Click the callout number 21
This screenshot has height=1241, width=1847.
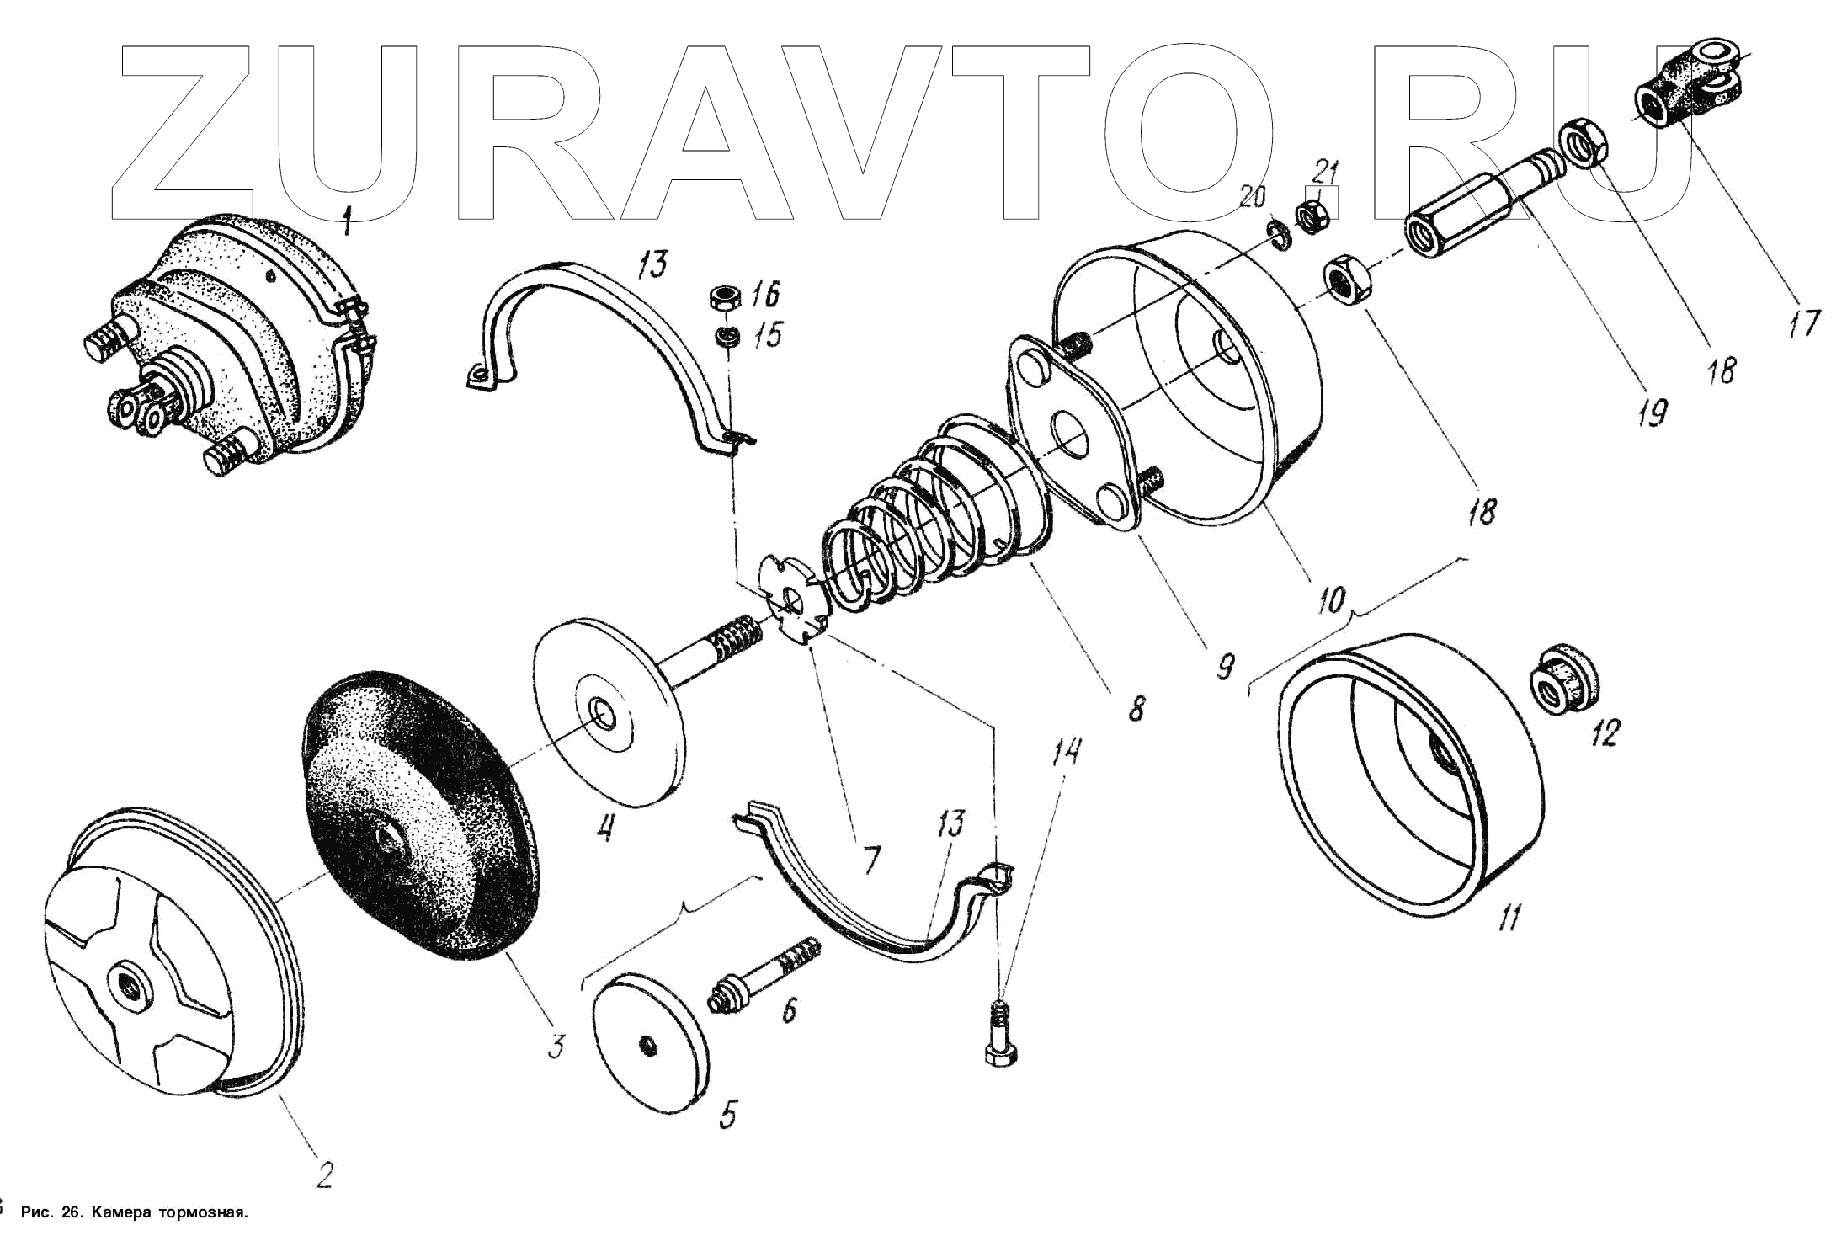[1326, 174]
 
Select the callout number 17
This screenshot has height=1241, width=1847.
[1803, 322]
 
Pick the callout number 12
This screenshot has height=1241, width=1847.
[1604, 732]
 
